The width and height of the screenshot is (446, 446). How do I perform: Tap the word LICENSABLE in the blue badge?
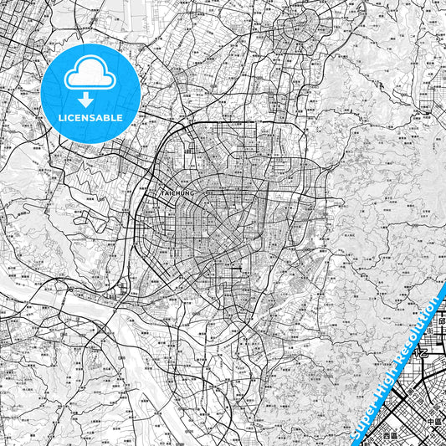click(91, 118)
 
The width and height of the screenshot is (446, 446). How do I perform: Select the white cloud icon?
click(90, 76)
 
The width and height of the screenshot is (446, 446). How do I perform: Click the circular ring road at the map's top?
click(299, 29)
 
